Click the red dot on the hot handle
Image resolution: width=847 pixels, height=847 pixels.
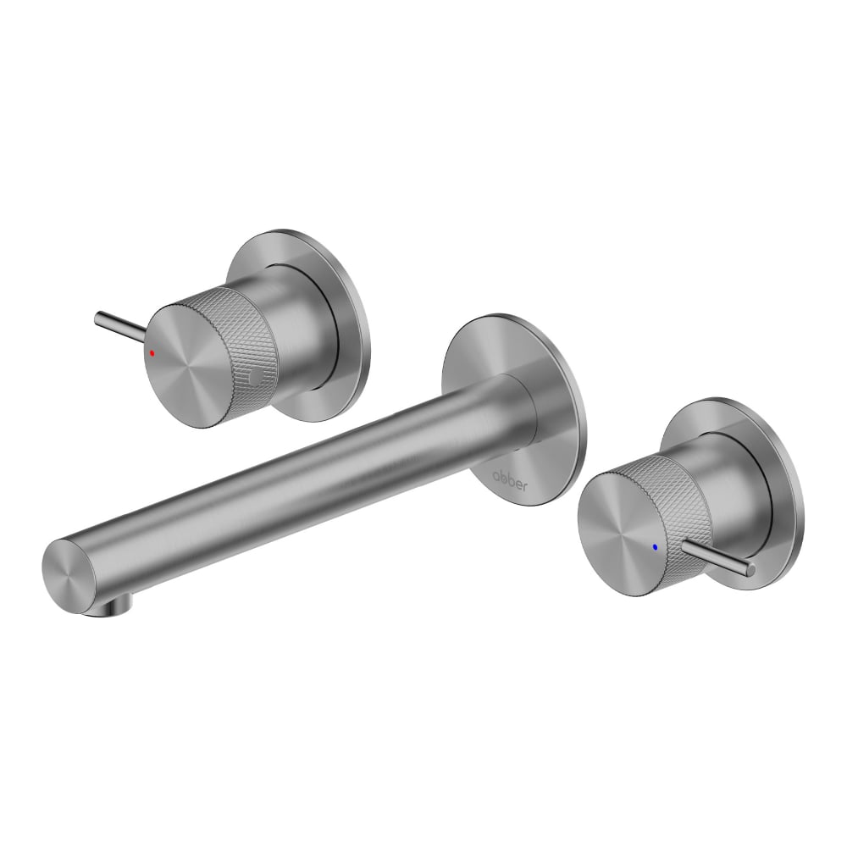click(152, 352)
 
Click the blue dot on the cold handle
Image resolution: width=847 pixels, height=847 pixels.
click(656, 546)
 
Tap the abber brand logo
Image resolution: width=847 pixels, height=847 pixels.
click(509, 480)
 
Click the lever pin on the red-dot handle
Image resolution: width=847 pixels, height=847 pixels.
click(119, 327)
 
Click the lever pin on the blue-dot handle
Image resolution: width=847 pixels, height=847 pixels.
click(719, 557)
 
